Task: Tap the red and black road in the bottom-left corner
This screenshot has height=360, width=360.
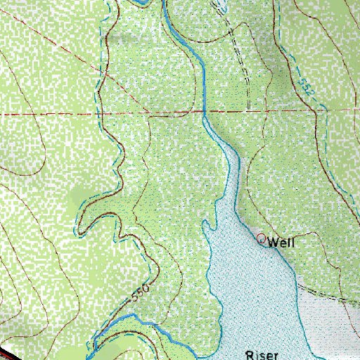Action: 10,352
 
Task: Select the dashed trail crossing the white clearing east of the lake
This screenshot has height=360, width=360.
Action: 330,295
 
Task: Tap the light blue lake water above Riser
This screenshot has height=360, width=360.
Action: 253,295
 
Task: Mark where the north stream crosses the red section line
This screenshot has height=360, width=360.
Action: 204,111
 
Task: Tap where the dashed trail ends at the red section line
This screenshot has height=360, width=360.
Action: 248,110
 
